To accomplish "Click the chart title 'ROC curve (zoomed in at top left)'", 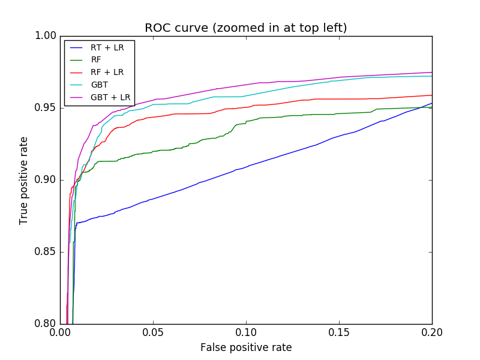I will (246, 28).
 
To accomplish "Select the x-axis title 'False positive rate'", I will (246, 347).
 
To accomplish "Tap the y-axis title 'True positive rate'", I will (24, 180).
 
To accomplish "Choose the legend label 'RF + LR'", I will (107, 72).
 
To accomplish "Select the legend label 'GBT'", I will (100, 85).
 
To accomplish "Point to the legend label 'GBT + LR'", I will (110, 97).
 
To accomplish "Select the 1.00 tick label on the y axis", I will (45, 36).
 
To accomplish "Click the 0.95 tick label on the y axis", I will (45, 108).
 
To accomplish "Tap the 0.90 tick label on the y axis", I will (45, 180).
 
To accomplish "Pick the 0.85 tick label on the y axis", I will (45, 252).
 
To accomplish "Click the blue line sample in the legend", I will (77, 47).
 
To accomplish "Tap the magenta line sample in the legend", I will (77, 97).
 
